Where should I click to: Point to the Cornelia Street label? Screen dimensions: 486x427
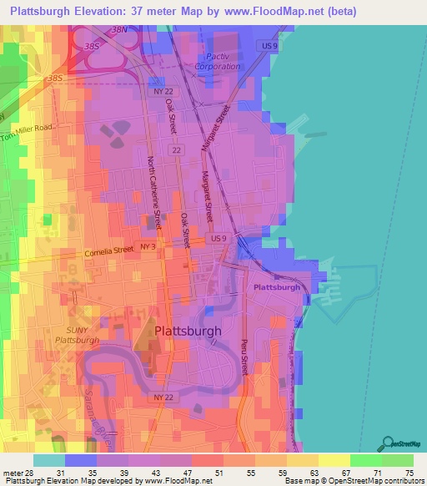point(108,251)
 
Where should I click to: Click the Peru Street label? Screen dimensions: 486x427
point(244,354)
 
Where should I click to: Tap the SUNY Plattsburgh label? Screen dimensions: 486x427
point(77,335)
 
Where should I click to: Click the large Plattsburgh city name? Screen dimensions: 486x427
point(188,331)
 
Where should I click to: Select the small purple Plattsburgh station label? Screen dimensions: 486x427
point(276,286)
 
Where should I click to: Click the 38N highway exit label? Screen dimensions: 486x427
point(120,30)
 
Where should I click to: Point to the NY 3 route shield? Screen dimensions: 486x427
point(148,248)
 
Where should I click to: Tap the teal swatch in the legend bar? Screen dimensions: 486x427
point(48,460)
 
